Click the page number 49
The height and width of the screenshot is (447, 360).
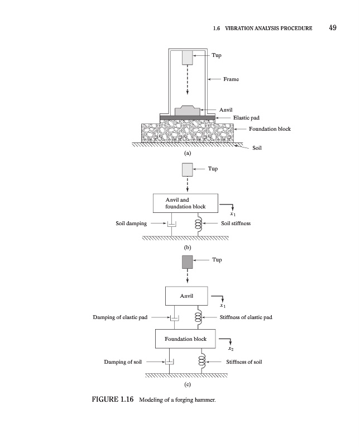333,28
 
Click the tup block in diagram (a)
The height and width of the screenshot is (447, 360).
187,58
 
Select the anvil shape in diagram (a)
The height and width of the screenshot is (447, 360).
186,110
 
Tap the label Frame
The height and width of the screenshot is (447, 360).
231,79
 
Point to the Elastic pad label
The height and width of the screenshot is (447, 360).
246,118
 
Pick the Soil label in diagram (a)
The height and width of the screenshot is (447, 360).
257,148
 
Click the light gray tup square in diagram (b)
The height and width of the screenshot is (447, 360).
187,169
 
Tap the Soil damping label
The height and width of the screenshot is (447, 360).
131,223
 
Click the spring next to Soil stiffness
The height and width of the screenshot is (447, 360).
198,224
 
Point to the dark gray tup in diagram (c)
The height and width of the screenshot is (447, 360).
187,261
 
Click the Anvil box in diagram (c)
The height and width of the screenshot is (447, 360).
186,296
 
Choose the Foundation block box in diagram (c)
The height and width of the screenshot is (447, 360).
185,339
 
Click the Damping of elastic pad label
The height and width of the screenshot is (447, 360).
120,317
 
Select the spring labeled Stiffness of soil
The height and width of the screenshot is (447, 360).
203,361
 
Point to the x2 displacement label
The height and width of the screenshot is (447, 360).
231,349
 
